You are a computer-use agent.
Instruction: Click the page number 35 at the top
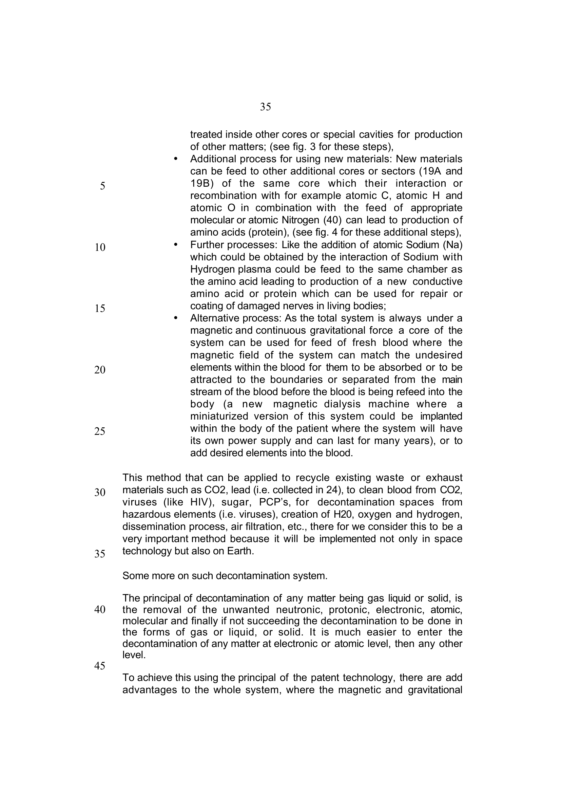tap(265, 107)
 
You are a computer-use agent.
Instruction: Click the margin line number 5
tap(102, 186)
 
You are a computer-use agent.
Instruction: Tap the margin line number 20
tap(100, 370)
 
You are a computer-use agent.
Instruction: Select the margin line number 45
tap(100, 666)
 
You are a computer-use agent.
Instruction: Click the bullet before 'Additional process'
tap(175, 159)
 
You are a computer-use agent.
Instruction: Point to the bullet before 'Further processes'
tap(175, 245)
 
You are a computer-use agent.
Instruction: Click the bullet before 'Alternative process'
tap(175, 318)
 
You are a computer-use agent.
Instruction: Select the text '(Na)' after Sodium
tap(452, 245)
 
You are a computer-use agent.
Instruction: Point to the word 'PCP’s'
tap(274, 502)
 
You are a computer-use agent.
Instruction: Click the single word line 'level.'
tap(134, 654)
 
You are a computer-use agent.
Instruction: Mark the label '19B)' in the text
tap(202, 184)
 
